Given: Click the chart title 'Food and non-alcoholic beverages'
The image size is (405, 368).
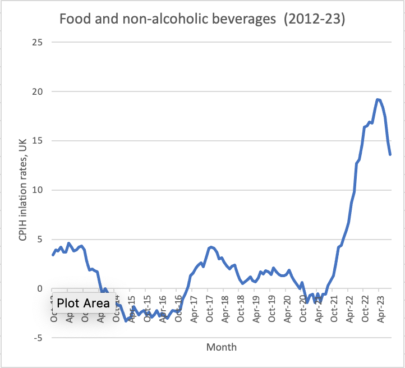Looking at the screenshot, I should pos(169,20).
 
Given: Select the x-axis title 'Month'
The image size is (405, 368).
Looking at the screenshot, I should pos(222,347).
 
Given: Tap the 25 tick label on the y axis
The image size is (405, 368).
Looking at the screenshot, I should pos(38,42).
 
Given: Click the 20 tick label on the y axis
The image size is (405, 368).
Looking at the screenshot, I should pos(38,91).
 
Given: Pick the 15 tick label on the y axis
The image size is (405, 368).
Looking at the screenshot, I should pos(38,141).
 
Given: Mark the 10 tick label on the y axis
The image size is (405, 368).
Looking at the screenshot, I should pos(38,190).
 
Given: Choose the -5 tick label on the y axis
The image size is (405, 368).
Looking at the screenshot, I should pos(38,338).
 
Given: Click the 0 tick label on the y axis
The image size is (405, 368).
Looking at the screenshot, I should pos(40,289).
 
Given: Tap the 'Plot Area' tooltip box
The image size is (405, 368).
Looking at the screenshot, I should pos(84,303).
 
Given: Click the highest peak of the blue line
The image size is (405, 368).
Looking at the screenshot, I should pos(377,100).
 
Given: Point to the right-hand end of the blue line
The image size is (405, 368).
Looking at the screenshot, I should pos(390,154).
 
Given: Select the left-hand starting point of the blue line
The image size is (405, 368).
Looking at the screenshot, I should pos(53,255).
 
